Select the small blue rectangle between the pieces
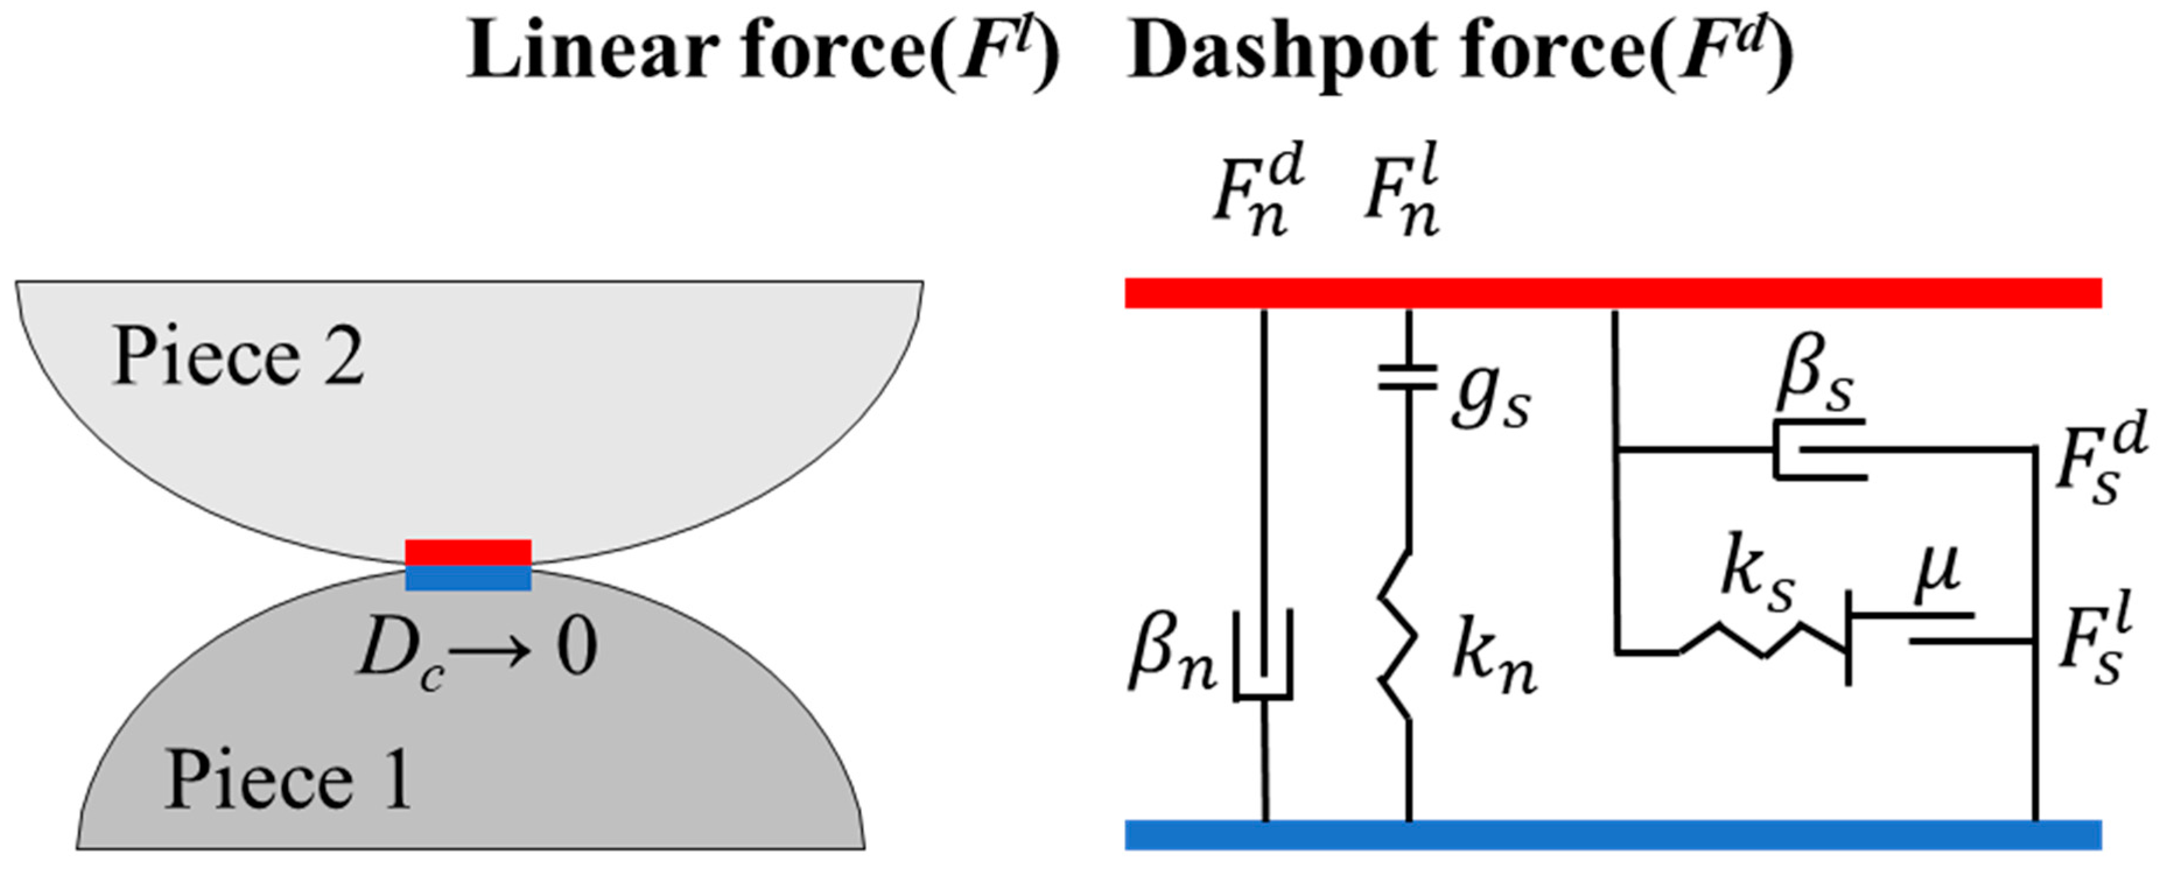click(468, 578)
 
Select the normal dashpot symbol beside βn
click(1264, 655)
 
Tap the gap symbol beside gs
click(1408, 377)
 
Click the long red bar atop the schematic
click(1613, 294)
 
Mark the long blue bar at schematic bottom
click(1613, 835)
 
